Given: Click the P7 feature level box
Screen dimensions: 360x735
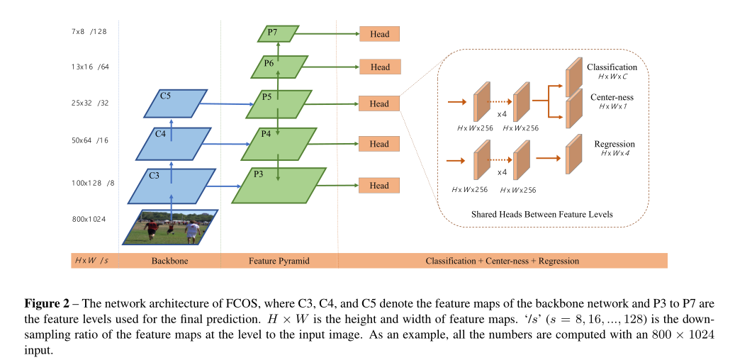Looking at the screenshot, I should (276, 33).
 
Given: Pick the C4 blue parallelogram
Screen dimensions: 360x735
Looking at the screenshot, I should (174, 144).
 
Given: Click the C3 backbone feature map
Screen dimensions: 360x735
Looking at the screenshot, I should (172, 186).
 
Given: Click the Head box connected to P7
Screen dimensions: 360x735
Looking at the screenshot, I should (379, 33).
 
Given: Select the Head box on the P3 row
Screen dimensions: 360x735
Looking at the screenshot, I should (379, 186).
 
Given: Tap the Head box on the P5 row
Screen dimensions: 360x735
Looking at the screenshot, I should (379, 103).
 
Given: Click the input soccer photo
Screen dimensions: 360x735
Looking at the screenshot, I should (169, 227).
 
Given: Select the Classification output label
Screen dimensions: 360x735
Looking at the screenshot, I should (612, 67).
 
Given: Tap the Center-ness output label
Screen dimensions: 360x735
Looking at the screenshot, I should (612, 98).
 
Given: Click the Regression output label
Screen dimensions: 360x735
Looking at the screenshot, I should (615, 144).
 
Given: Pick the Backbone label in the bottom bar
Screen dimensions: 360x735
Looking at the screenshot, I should (169, 261).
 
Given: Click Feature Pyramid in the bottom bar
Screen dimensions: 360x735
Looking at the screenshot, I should (279, 261).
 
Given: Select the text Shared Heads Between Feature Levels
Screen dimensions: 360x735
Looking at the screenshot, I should (542, 214).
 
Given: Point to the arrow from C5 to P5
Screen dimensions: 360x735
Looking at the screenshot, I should (225, 105).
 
